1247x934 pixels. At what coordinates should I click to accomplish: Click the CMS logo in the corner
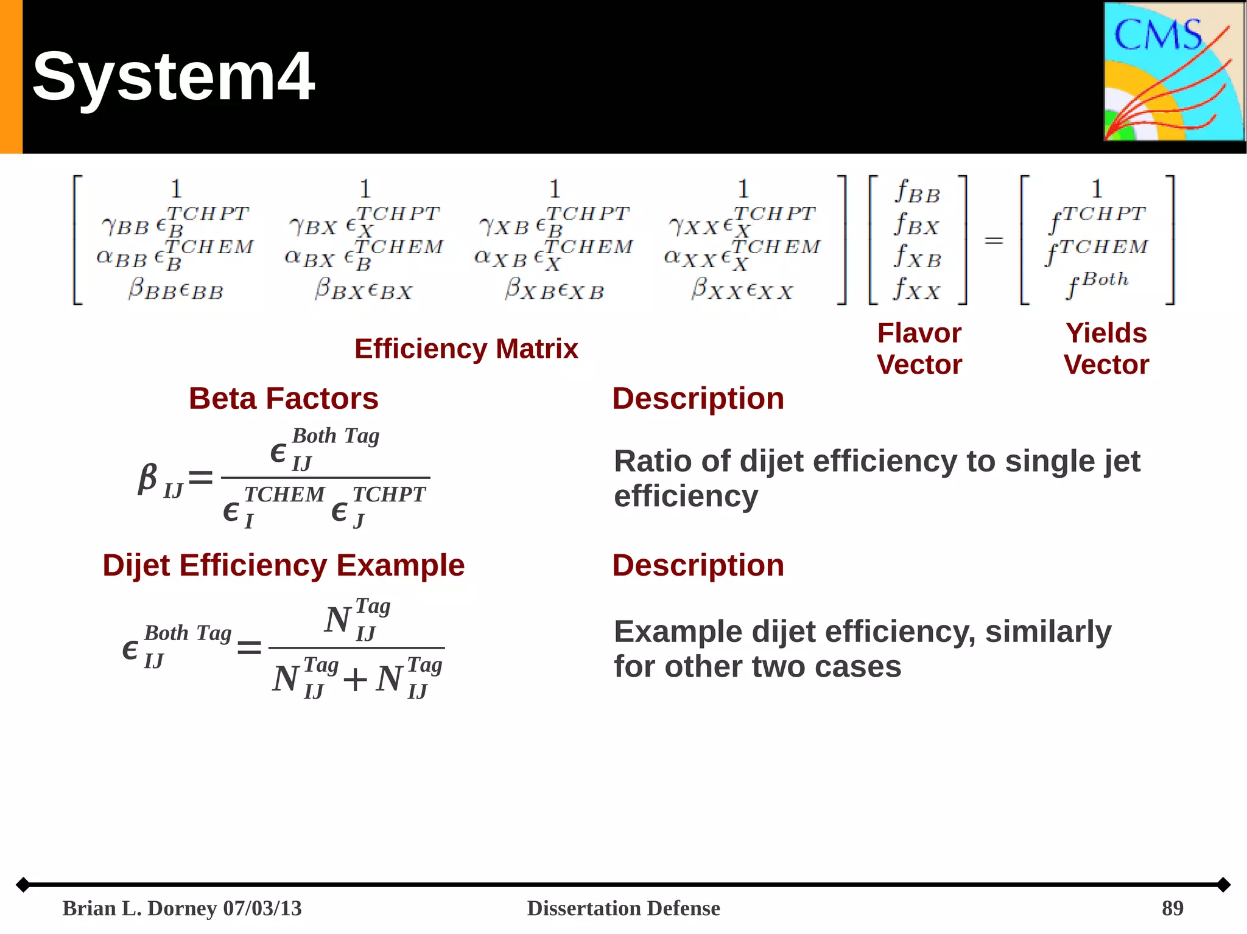coord(1173,72)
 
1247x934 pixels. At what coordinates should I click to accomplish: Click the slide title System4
coord(174,77)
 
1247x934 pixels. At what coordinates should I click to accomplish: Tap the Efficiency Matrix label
coord(466,349)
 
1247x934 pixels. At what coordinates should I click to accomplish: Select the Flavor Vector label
coord(919,349)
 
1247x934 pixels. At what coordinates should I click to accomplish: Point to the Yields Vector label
coord(1106,349)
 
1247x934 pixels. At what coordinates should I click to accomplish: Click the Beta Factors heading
coord(283,399)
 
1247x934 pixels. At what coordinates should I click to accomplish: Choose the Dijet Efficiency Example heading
coord(283,565)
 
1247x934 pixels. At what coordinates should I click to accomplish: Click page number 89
coord(1172,908)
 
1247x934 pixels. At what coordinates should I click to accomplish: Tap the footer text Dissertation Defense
coord(623,908)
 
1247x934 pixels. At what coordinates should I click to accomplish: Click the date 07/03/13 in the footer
coord(262,908)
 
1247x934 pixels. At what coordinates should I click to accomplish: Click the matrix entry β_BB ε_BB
coord(176,289)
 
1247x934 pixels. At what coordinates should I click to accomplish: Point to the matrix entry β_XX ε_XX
coord(742,289)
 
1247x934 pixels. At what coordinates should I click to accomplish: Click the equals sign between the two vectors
coord(994,241)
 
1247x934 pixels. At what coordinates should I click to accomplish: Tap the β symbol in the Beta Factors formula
coord(147,478)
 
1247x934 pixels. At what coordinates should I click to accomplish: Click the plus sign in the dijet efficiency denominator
coord(355,679)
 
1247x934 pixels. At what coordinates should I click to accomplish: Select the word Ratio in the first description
coord(653,461)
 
